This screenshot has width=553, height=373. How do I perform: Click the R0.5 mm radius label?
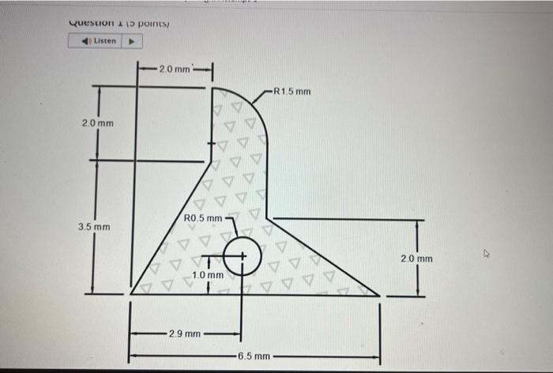click(204, 218)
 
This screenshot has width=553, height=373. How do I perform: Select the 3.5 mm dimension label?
click(94, 228)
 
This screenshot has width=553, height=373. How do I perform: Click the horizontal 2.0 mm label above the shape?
click(174, 70)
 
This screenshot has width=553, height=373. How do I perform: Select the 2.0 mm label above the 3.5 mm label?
click(97, 124)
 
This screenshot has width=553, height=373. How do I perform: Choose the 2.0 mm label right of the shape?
click(416, 258)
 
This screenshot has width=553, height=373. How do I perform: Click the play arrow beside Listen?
click(131, 40)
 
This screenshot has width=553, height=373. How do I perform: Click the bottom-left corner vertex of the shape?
click(130, 295)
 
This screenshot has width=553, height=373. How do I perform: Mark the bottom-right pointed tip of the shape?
click(379, 295)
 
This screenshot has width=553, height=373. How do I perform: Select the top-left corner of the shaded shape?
click(213, 89)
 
